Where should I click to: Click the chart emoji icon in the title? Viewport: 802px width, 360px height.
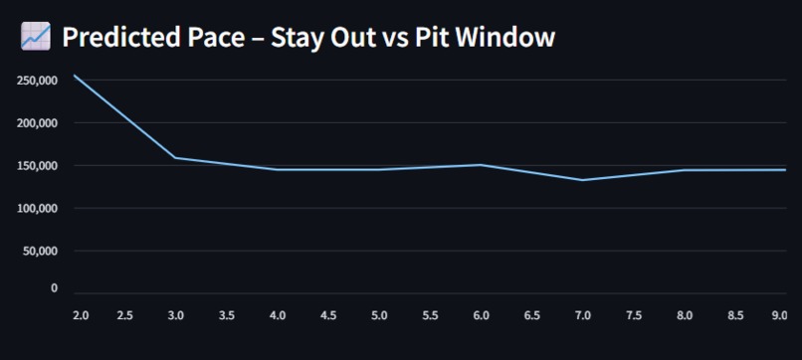(35, 37)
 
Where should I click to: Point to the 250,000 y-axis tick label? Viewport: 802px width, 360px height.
(38, 81)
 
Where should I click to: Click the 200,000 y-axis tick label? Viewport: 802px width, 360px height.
(38, 123)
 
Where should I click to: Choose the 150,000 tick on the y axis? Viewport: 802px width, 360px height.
(38, 166)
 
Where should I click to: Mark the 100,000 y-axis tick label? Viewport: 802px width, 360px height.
(38, 209)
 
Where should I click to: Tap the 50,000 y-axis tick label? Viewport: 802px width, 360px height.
(41, 252)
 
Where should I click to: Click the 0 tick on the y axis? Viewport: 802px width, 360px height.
(54, 288)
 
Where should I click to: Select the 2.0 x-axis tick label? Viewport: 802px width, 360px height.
(81, 315)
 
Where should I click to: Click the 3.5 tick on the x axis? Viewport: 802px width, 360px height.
(227, 315)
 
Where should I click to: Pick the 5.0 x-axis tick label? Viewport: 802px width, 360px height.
(379, 315)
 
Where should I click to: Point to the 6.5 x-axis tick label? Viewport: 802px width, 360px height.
(531, 315)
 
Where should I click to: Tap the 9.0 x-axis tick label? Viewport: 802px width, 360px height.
(778, 315)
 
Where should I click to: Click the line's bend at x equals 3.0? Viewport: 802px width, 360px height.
(176, 158)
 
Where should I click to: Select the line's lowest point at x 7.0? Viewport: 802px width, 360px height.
(582, 180)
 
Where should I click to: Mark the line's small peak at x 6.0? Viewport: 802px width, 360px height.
(481, 165)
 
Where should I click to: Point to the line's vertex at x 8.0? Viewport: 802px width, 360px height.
(684, 170)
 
